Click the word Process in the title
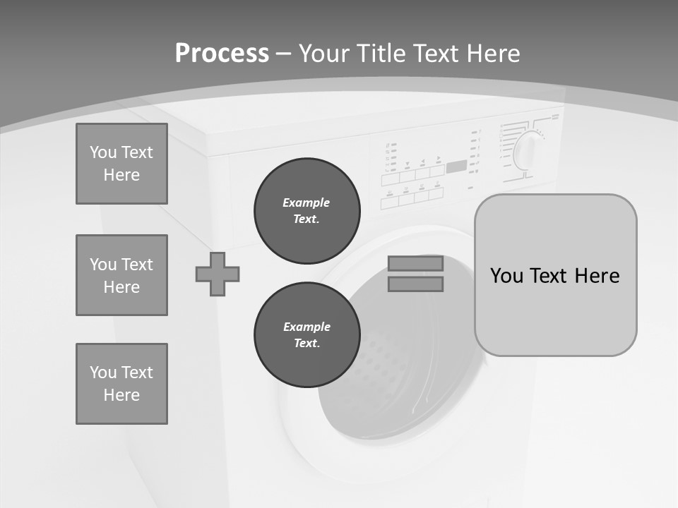coord(222,54)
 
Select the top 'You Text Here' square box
coord(121,164)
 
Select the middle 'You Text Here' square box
coord(121,275)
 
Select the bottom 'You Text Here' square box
coord(121,384)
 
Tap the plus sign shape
coord(218,274)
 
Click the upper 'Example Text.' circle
coord(307,211)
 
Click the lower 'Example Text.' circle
coord(307,335)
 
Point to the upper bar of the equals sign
coord(415,263)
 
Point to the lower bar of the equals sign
coord(415,284)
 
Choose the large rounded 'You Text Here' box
coord(555,275)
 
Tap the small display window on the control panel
coord(456,167)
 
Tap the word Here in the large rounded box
coord(597,275)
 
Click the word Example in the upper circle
coord(307,202)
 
